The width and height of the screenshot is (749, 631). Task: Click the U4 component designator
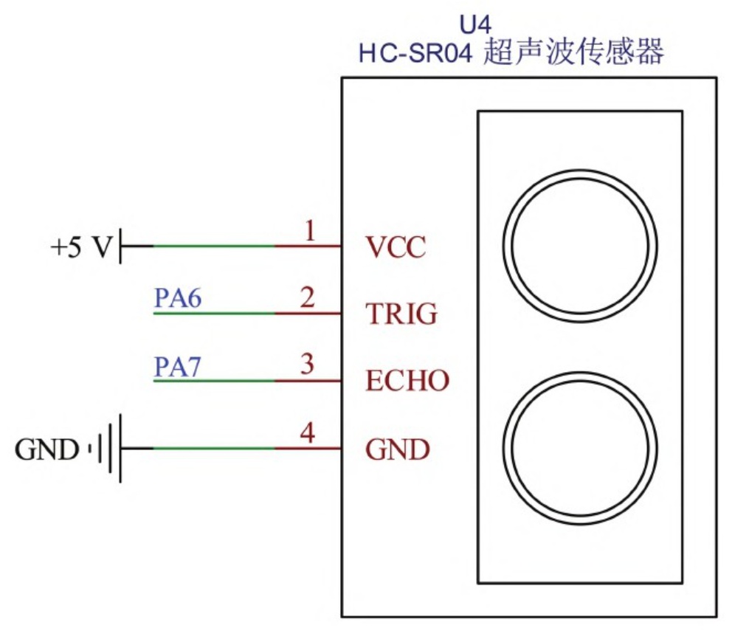point(476,24)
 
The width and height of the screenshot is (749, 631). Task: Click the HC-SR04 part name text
point(414,54)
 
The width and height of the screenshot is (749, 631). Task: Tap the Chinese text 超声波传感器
point(573,52)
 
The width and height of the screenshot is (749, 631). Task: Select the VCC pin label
point(396,247)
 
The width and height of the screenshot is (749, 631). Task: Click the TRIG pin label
point(401,314)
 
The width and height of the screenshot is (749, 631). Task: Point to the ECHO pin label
point(407,382)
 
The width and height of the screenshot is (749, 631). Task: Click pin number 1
point(310,232)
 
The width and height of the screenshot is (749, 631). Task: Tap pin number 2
point(308,298)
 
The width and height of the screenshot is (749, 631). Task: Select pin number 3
point(308,365)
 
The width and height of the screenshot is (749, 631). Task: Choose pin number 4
point(308,432)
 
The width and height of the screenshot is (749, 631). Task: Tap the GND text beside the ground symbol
point(46,449)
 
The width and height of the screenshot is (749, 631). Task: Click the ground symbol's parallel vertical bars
point(110,448)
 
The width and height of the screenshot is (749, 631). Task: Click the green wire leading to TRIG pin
point(214,314)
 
